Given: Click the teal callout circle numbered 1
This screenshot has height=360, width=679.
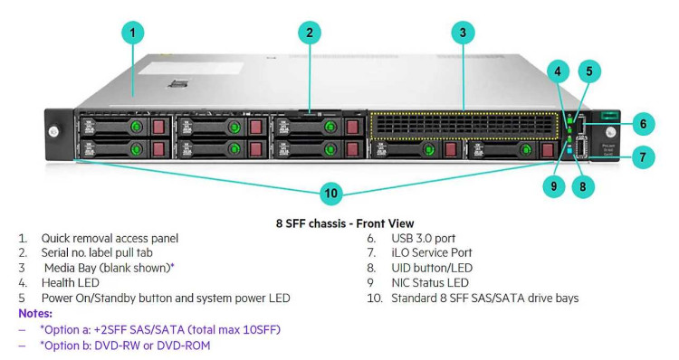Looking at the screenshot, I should [x=132, y=33].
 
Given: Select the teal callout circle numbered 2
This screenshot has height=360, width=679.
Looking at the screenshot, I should [x=310, y=33].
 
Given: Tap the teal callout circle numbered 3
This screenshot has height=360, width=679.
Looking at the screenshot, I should [x=463, y=33].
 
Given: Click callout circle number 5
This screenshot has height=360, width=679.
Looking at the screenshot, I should [x=589, y=70].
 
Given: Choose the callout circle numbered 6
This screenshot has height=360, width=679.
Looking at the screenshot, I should [x=642, y=123].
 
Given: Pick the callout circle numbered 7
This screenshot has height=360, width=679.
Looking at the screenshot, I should [x=642, y=157].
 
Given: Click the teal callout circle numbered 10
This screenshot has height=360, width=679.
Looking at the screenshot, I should [x=331, y=193].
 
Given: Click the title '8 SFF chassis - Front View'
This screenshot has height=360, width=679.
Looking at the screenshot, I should [x=338, y=221].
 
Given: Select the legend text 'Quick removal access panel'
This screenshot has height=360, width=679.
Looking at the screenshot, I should [x=110, y=238].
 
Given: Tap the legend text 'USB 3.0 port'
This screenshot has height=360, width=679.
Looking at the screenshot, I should [x=429, y=238].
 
